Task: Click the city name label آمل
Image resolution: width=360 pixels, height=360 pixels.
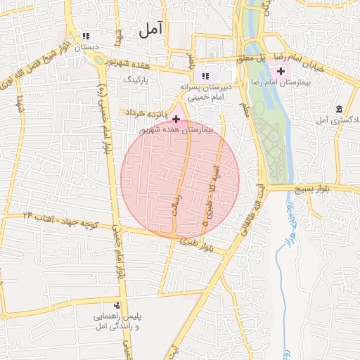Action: pyautogui.click(x=150, y=29)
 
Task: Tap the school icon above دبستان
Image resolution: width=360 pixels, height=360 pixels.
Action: pyautogui.click(x=86, y=37)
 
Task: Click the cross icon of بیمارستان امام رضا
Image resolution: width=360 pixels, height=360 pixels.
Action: pyautogui.click(x=282, y=71)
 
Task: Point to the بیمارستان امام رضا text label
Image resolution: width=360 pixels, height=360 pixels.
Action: pyautogui.click(x=304, y=82)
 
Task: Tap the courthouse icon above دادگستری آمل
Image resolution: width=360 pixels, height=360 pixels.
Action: pyautogui.click(x=340, y=109)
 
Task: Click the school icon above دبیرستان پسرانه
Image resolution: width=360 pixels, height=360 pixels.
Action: pyautogui.click(x=205, y=76)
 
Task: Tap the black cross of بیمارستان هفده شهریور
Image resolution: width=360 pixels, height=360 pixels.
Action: pyautogui.click(x=175, y=120)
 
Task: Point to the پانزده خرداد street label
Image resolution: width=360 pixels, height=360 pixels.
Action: pyautogui.click(x=146, y=112)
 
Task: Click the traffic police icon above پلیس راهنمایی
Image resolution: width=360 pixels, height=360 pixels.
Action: pyautogui.click(x=117, y=305)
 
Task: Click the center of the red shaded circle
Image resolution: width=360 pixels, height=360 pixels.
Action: pyautogui.click(x=180, y=180)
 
